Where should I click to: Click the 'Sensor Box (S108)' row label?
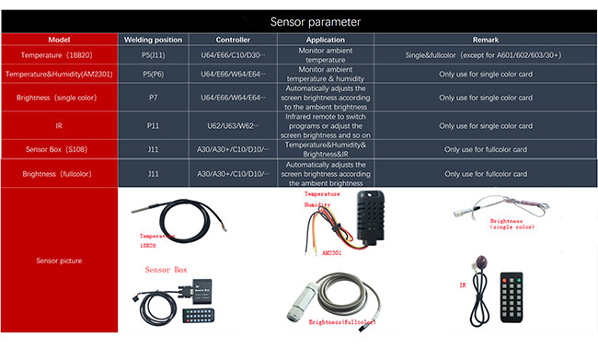tap(60, 148)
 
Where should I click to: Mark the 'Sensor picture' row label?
tap(60, 261)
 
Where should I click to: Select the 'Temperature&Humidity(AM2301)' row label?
tap(60, 74)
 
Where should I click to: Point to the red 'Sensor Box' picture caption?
tap(166, 270)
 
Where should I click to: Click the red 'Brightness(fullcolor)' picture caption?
tap(341, 324)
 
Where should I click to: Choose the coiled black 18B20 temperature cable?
tap(185, 220)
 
